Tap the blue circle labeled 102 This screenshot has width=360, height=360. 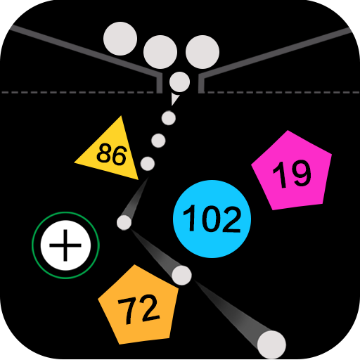click(212, 219)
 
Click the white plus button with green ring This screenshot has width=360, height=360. click(65, 245)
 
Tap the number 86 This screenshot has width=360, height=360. click(112, 155)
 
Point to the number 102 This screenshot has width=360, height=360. click(212, 218)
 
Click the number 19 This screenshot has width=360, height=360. click(292, 174)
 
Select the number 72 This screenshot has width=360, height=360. click(139, 309)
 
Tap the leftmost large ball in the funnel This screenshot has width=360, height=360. click(120, 39)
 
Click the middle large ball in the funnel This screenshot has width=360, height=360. click(160, 52)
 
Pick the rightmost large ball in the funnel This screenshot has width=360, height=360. click(202, 52)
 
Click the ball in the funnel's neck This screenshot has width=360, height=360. click(179, 82)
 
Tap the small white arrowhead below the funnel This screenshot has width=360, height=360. click(174, 99)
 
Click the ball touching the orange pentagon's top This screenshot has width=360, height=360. click(181, 275)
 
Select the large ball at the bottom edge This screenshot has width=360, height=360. click(271, 345)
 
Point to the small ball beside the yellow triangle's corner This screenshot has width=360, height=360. click(148, 164)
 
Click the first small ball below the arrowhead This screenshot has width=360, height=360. click(169, 118)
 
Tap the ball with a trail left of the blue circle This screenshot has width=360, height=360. click(124, 222)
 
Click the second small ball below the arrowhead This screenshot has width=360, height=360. click(158, 141)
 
